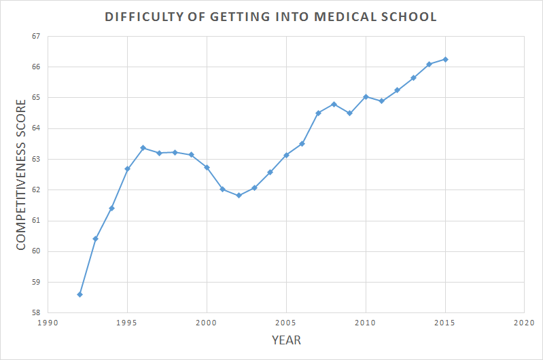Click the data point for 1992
[x=80, y=294]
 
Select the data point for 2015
[x=445, y=59]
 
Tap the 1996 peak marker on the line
[x=143, y=147]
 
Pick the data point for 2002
[x=239, y=195]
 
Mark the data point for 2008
[x=334, y=104]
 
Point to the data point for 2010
[x=366, y=96]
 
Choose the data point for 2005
[x=286, y=155]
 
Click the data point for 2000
[x=207, y=167]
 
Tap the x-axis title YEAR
[x=286, y=340]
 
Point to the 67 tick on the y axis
[x=36, y=36]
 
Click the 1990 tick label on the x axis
[x=48, y=323]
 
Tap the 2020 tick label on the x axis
[x=524, y=323]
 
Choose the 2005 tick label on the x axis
[x=286, y=323]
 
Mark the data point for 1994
[x=111, y=208]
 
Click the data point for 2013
[x=413, y=77]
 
